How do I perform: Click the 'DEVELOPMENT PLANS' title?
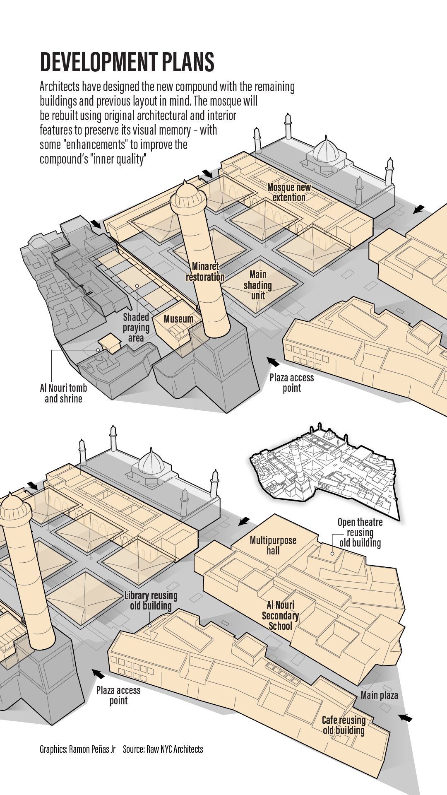[x=127, y=62]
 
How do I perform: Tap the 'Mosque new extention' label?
[x=289, y=192]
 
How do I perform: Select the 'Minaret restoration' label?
[x=205, y=272]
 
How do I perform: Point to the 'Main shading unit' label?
[x=258, y=285]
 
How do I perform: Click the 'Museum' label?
[x=178, y=319]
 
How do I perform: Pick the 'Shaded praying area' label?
[x=136, y=328]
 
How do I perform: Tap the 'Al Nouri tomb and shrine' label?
[x=63, y=393]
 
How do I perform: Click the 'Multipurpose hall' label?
[x=273, y=545]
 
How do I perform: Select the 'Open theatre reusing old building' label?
[x=360, y=532]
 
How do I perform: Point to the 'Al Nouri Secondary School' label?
[x=280, y=615]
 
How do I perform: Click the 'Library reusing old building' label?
[x=151, y=600]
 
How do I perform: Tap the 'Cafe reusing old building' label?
[x=344, y=725]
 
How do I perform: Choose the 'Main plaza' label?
[x=379, y=695]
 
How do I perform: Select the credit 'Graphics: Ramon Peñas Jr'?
[x=77, y=749]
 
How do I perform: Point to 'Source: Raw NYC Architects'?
[x=163, y=749]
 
